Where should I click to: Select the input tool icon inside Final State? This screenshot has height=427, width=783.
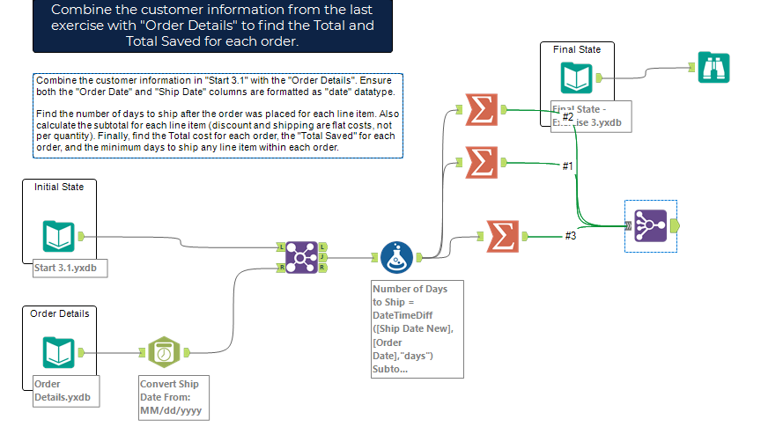[x=577, y=77]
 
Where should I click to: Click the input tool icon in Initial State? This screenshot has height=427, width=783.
[x=59, y=236]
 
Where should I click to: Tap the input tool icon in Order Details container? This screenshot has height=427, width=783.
[x=59, y=352]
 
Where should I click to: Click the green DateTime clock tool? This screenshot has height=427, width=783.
[x=163, y=352]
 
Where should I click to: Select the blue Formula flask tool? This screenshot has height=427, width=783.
[x=397, y=258]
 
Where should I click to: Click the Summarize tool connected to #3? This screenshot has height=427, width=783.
[x=501, y=235]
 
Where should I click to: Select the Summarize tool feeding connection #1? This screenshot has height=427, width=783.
[x=480, y=162]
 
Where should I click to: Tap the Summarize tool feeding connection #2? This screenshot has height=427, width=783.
[x=480, y=110]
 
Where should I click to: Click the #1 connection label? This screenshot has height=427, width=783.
[x=568, y=166]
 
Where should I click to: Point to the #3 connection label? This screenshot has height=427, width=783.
[x=571, y=235]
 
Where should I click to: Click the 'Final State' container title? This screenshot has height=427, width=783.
[x=577, y=49]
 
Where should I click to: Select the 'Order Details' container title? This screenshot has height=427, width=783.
[x=60, y=313]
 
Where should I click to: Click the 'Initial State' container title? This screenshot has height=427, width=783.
[x=59, y=187]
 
